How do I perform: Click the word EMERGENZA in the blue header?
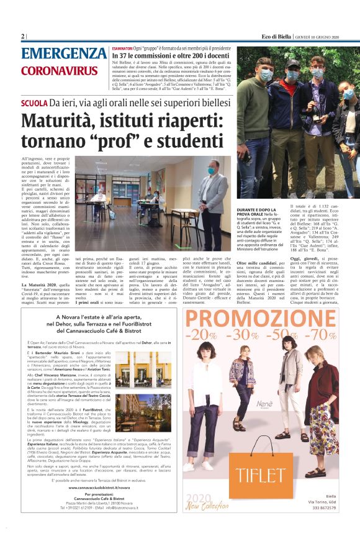click(63, 53)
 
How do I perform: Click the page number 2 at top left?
click(23, 37)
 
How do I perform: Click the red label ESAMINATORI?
click(125, 48)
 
